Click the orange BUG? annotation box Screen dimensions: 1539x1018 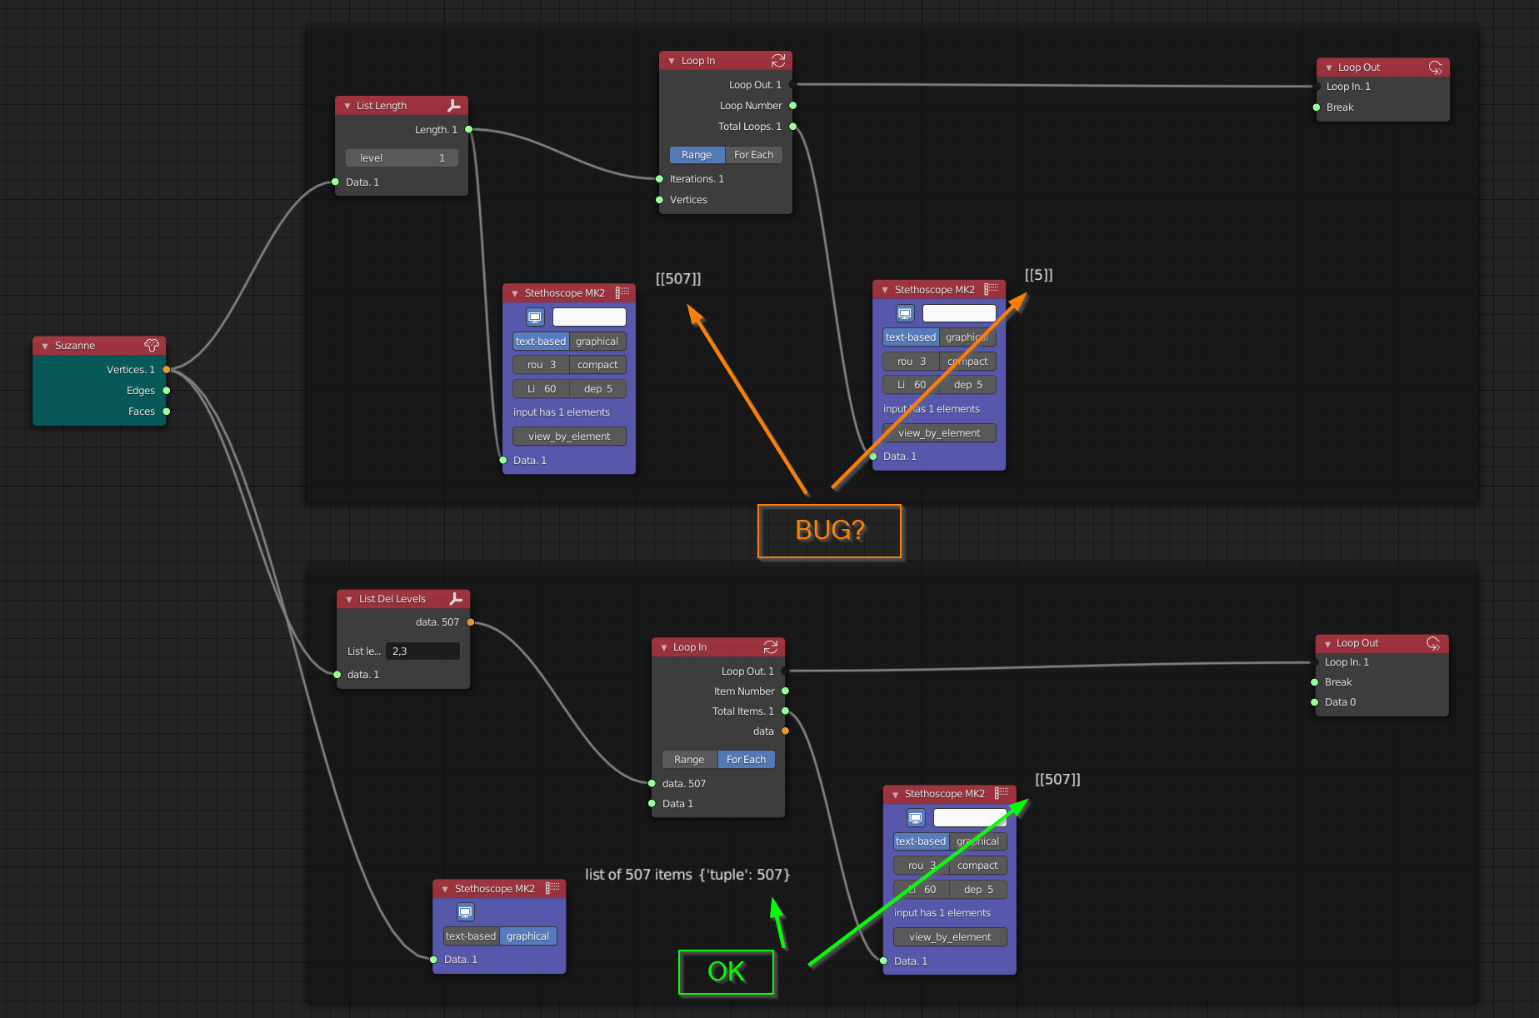[829, 531]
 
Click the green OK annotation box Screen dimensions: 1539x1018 [726, 972]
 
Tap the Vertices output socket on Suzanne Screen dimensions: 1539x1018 [167, 370]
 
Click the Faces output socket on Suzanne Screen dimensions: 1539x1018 [167, 412]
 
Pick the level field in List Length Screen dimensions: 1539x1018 [402, 158]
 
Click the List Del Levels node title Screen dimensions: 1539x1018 [392, 599]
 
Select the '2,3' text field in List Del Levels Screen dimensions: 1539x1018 [422, 651]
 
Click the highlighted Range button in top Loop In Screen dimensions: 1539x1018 [696, 155]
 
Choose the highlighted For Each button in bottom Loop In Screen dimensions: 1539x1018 [746, 760]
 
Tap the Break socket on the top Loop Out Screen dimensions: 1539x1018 [1317, 107]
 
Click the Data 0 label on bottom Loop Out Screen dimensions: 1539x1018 [1340, 702]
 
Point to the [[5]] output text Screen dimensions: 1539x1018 [1038, 275]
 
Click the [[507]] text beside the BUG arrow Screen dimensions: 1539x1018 [677, 279]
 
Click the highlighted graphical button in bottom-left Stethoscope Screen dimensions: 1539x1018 [527, 936]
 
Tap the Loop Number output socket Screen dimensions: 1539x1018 [793, 106]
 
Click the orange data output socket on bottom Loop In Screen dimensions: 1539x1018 [786, 731]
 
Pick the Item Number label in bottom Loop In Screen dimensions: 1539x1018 [743, 691]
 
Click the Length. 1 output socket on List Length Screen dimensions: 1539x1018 [469, 130]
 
